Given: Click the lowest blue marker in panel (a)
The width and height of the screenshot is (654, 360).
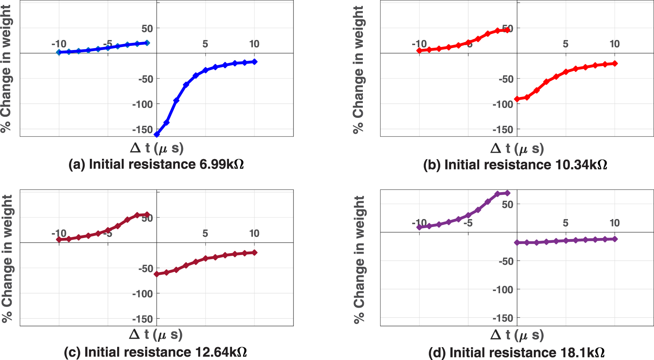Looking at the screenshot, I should [x=157, y=134].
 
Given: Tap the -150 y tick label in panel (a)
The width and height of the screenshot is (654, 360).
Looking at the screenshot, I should [x=143, y=129].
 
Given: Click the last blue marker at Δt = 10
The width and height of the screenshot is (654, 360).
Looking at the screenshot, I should [x=254, y=61].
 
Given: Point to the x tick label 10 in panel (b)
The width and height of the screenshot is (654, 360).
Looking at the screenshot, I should [x=614, y=44].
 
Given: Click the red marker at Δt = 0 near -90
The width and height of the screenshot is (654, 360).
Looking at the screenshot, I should [x=517, y=99].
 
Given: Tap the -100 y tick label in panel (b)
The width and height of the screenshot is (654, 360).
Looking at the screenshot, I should [x=503, y=104].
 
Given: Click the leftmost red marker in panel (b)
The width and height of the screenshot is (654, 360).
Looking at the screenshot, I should [x=419, y=50].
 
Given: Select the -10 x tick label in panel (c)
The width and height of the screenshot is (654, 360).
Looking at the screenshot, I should [x=59, y=233].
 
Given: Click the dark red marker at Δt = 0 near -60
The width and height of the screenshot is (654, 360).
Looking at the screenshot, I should [x=157, y=274].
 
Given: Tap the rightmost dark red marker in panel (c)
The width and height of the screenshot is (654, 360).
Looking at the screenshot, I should [x=254, y=252].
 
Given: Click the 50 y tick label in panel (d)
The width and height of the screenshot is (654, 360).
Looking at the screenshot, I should [x=507, y=204].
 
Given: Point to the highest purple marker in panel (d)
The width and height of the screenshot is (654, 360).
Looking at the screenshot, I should [x=508, y=193].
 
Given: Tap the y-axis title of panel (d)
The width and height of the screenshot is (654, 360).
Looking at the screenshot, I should [x=359, y=260].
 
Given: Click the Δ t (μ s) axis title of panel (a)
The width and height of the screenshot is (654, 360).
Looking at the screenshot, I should [x=157, y=148].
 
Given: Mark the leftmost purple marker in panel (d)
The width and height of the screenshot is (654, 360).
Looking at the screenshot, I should [x=419, y=227].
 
